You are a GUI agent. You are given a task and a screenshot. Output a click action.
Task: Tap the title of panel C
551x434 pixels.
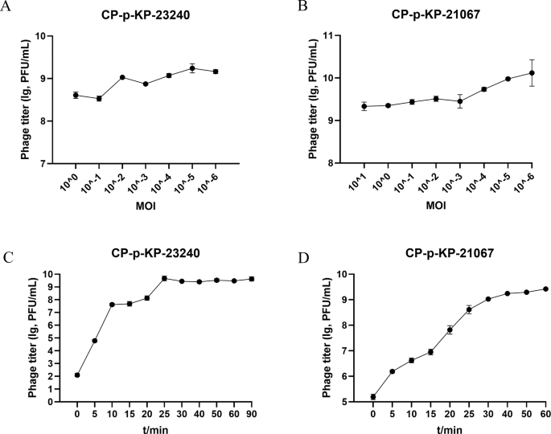pos(155,254)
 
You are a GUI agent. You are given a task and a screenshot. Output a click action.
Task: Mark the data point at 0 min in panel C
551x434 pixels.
pos(76,375)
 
